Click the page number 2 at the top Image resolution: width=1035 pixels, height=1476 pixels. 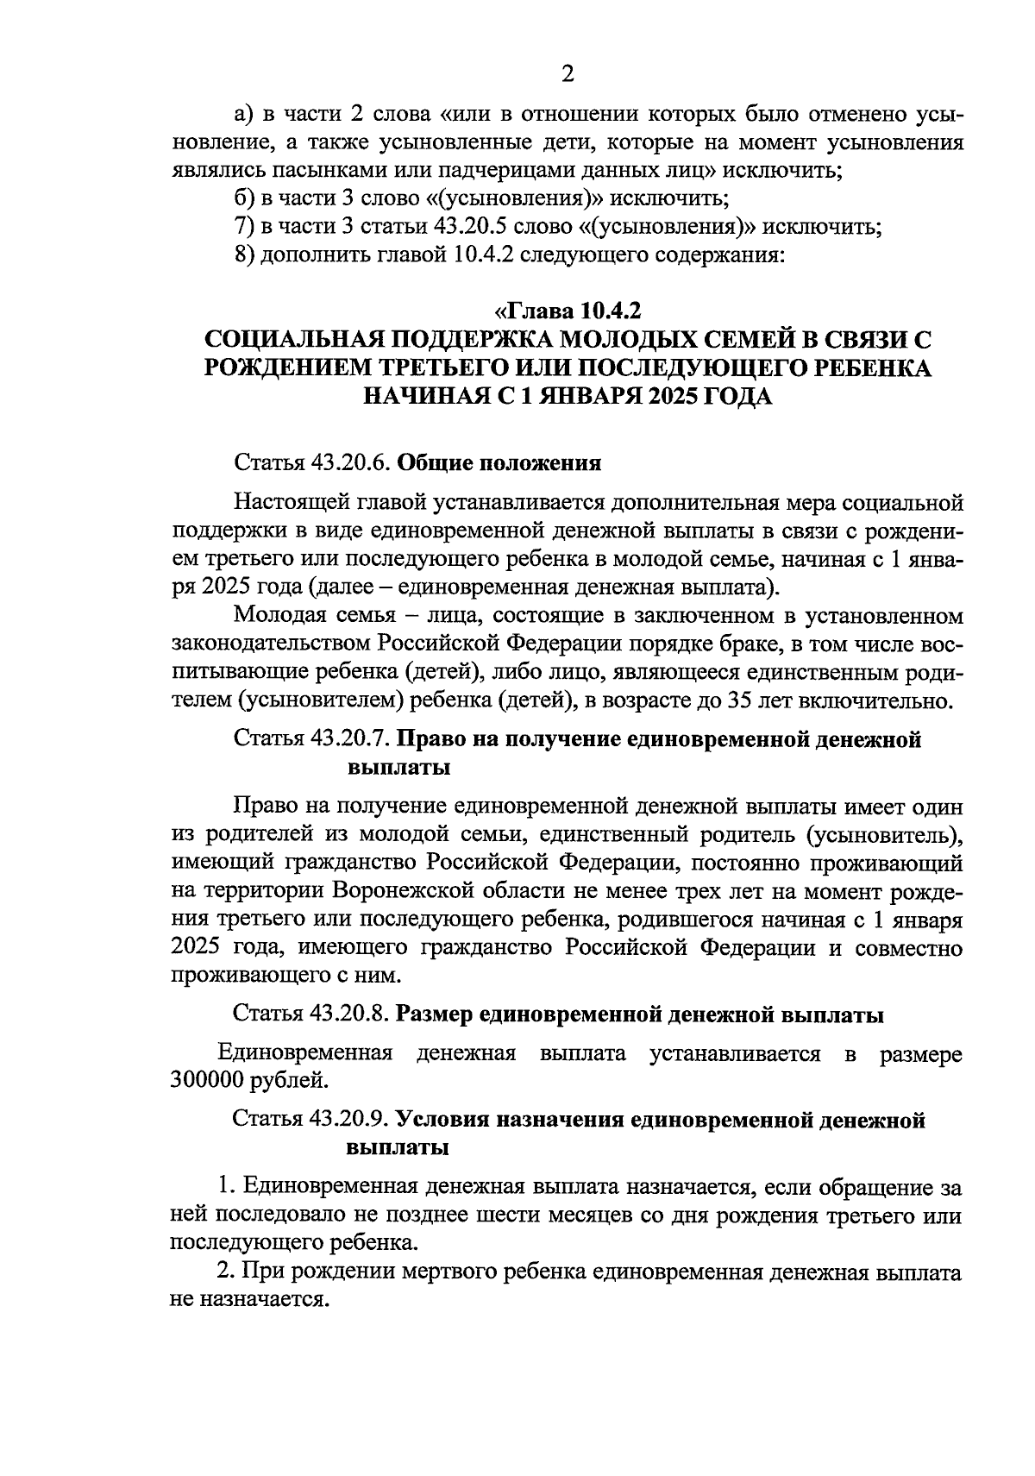pos(567,74)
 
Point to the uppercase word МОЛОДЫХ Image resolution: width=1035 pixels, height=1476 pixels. pos(635,339)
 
